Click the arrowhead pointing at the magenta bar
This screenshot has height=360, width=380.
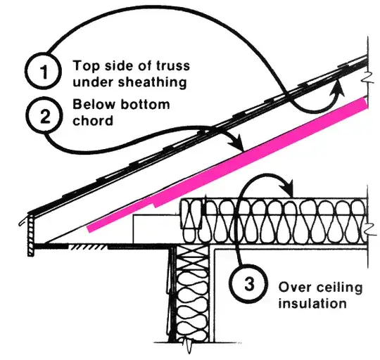[x=239, y=145]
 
